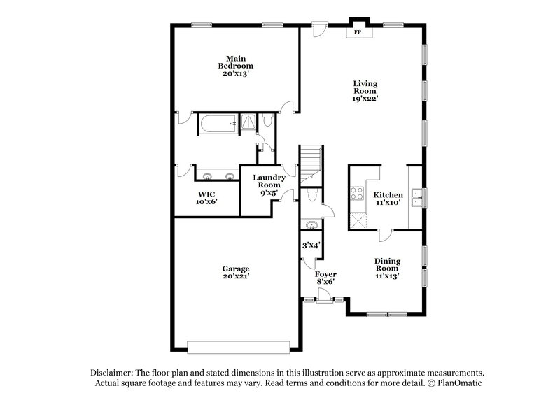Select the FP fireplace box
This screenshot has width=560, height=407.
click(358, 33)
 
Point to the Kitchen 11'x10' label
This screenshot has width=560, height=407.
click(387, 198)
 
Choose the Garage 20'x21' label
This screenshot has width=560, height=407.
click(236, 272)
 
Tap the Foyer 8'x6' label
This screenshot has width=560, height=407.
click(325, 278)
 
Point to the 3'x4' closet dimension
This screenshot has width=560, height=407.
click(311, 245)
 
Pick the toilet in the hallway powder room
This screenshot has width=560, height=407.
click(313, 194)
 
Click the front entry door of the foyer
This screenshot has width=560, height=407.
click(323, 299)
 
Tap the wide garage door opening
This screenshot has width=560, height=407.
click(239, 345)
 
